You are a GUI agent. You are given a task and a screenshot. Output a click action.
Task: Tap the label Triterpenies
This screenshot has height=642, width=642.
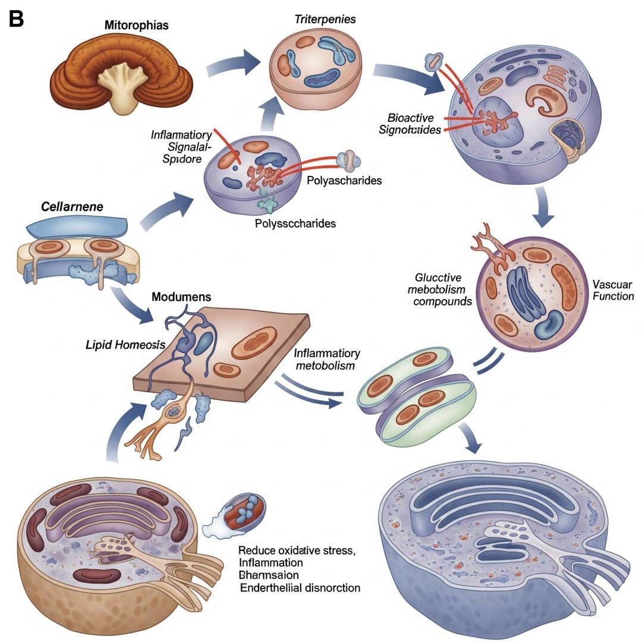tap(325, 19)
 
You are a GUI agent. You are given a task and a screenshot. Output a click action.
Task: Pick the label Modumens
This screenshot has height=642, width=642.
tap(181, 297)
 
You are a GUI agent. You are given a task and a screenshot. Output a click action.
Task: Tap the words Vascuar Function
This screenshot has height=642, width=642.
tap(613, 290)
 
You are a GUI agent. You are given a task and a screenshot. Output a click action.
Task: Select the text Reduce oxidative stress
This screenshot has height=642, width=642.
tap(297, 550)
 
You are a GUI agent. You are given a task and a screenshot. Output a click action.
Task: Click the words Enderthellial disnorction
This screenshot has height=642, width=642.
tap(300, 588)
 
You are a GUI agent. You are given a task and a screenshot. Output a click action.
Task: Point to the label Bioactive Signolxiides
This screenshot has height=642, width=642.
tap(410, 122)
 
